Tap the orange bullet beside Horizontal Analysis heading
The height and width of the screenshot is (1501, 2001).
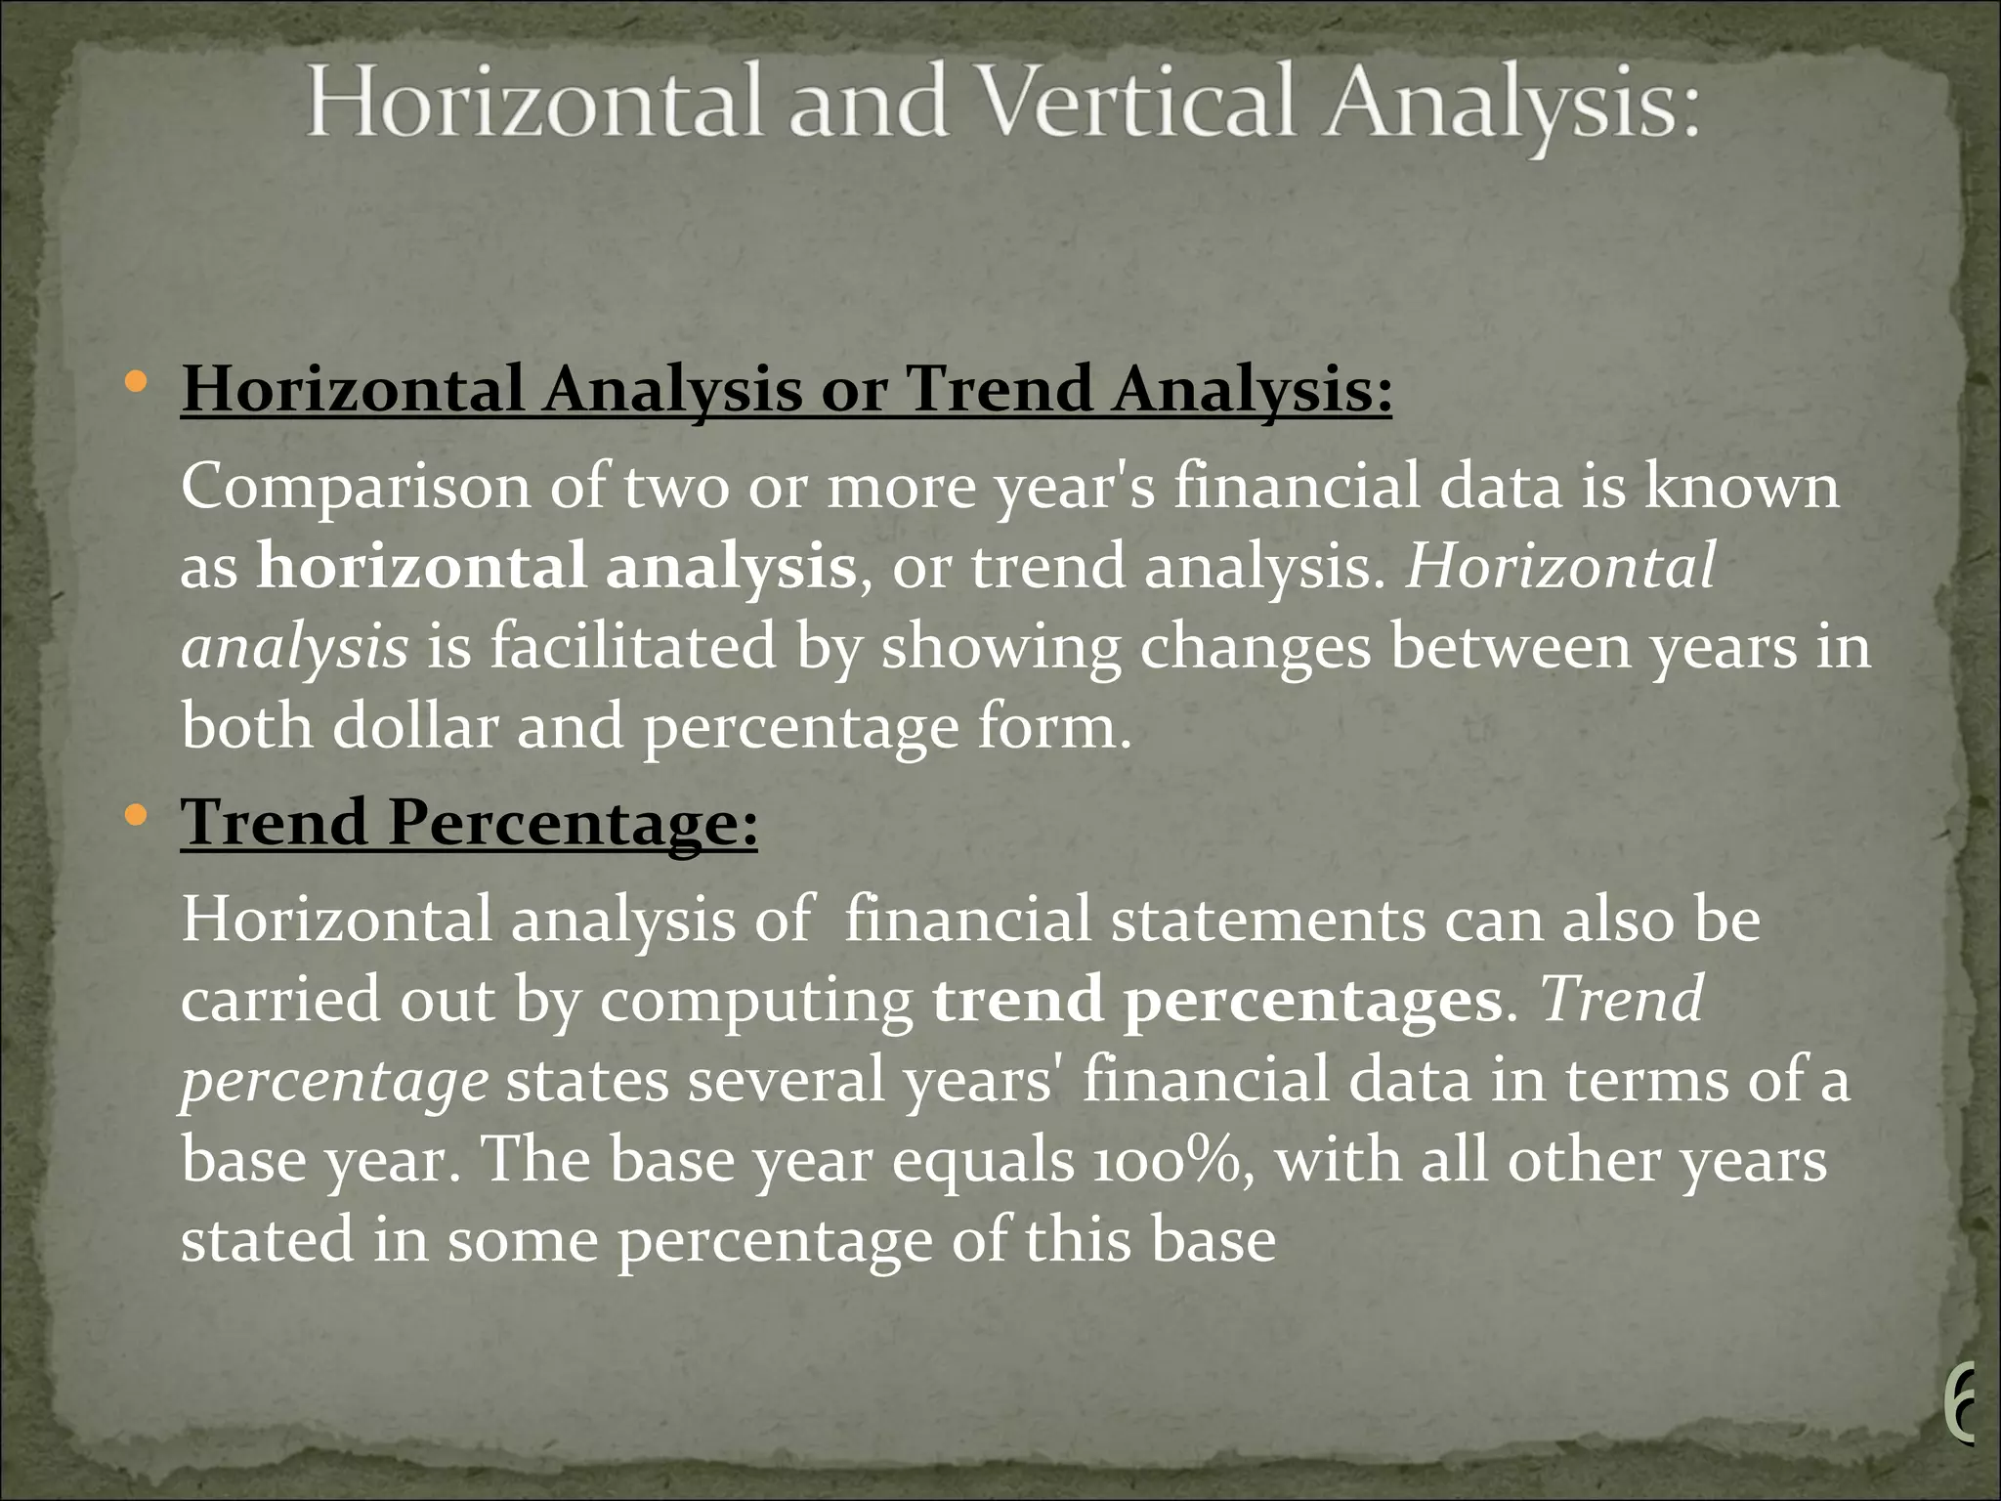137,382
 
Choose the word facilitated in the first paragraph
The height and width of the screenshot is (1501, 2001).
632,648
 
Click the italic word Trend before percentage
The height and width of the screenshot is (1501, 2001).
1622,1001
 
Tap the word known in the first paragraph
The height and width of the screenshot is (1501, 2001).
1741,488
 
